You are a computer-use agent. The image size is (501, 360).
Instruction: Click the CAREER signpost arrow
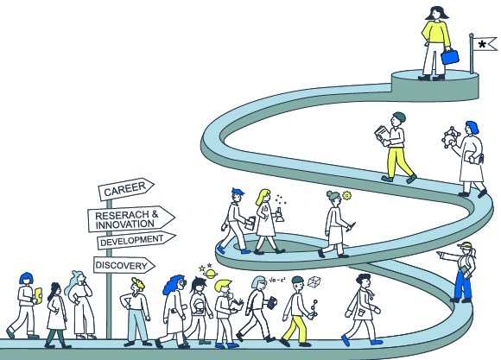(126, 189)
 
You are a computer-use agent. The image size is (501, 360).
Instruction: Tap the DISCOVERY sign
(124, 265)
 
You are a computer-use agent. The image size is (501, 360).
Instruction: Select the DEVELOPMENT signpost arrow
(136, 240)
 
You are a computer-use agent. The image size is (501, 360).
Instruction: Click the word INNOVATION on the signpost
(125, 224)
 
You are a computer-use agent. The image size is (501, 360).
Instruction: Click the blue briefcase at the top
(450, 56)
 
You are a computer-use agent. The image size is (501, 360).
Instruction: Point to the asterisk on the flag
(482, 43)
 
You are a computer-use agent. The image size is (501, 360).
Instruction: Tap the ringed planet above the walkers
(210, 274)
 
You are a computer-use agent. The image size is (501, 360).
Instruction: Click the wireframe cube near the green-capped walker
(314, 281)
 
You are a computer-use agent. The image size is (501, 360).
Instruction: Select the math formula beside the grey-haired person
(277, 280)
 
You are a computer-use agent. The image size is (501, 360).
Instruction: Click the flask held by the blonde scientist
(279, 215)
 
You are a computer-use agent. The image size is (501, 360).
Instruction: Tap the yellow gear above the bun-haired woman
(346, 195)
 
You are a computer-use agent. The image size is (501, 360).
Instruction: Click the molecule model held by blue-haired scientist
(450, 136)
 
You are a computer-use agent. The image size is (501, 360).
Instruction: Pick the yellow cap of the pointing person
(465, 245)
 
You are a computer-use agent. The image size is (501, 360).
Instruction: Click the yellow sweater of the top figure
(436, 33)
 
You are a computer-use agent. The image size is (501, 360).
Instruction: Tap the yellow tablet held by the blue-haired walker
(38, 295)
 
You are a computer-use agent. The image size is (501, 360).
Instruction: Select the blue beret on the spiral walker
(238, 192)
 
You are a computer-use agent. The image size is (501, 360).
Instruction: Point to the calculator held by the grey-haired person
(271, 302)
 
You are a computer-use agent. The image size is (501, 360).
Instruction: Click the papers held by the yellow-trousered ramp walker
(382, 134)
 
